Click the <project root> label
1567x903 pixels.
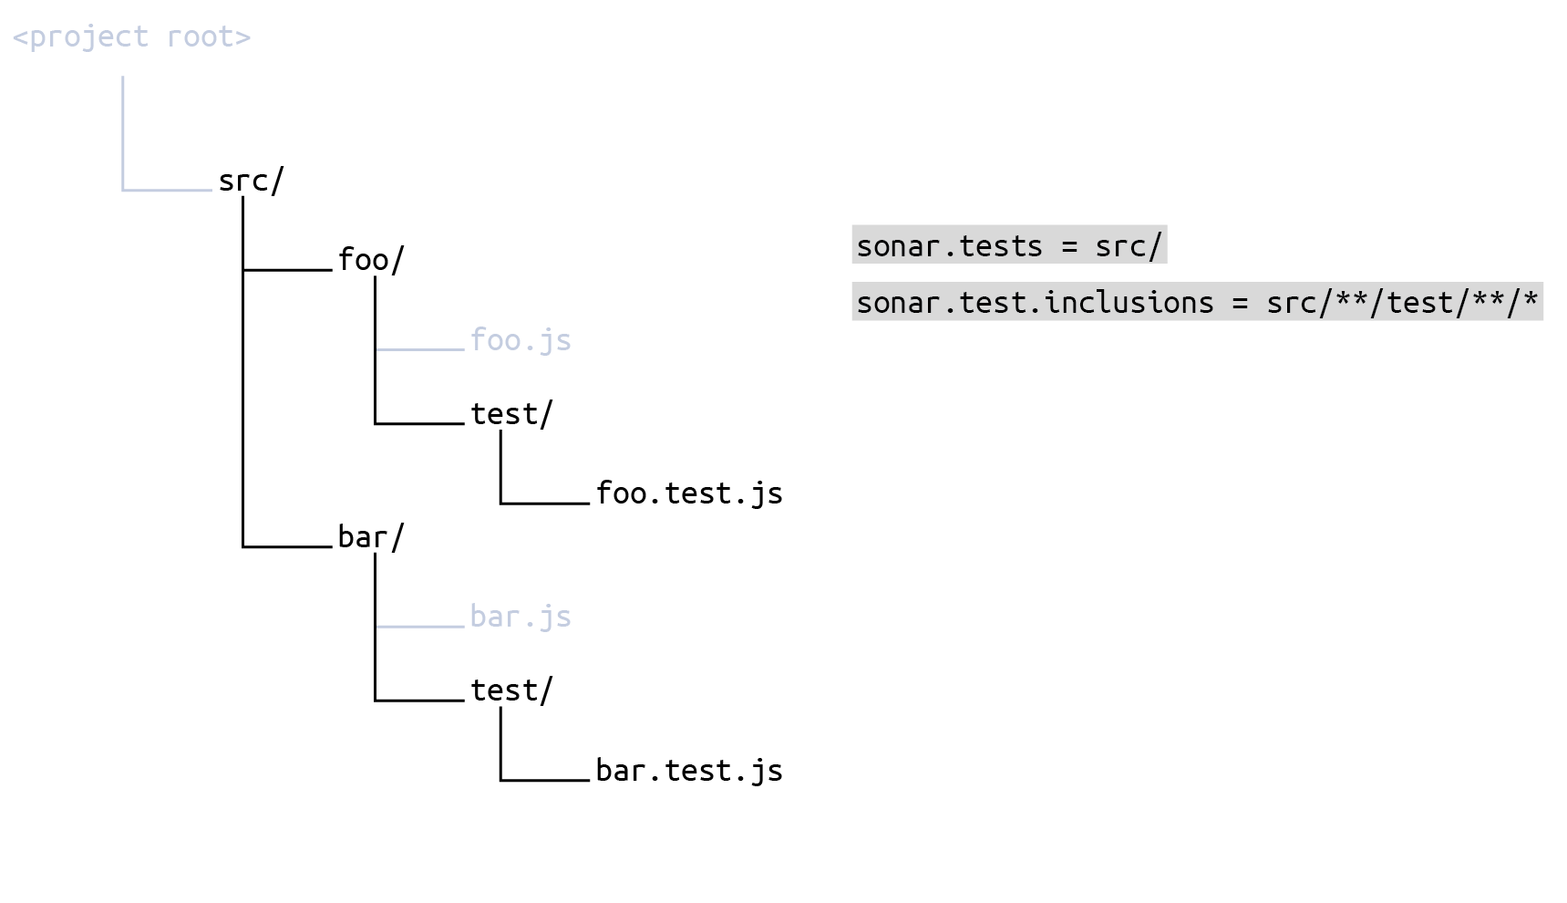tap(131, 37)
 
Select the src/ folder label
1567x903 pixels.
tap(251, 181)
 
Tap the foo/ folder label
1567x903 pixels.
tap(370, 260)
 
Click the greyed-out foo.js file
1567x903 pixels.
tap(521, 340)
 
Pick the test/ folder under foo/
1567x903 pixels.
tap(511, 414)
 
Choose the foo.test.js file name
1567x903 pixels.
tap(689, 493)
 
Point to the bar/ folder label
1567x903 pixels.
tap(370, 537)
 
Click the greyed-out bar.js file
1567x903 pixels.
tap(521, 617)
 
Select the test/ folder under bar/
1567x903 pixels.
tap(511, 690)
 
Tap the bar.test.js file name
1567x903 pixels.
tap(689, 771)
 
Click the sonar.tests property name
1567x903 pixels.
tap(949, 246)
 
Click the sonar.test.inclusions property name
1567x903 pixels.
tap(1035, 303)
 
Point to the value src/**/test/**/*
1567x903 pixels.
tap(1402, 303)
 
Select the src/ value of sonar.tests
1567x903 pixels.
tap(1129, 246)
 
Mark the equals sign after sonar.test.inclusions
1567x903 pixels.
tap(1240, 303)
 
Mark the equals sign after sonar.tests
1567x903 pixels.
tap(1069, 246)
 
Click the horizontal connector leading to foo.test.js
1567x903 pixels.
tap(545, 503)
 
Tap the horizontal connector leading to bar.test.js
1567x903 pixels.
tap(545, 780)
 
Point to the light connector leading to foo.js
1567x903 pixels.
tap(419, 349)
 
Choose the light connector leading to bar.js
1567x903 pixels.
tap(419, 627)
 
